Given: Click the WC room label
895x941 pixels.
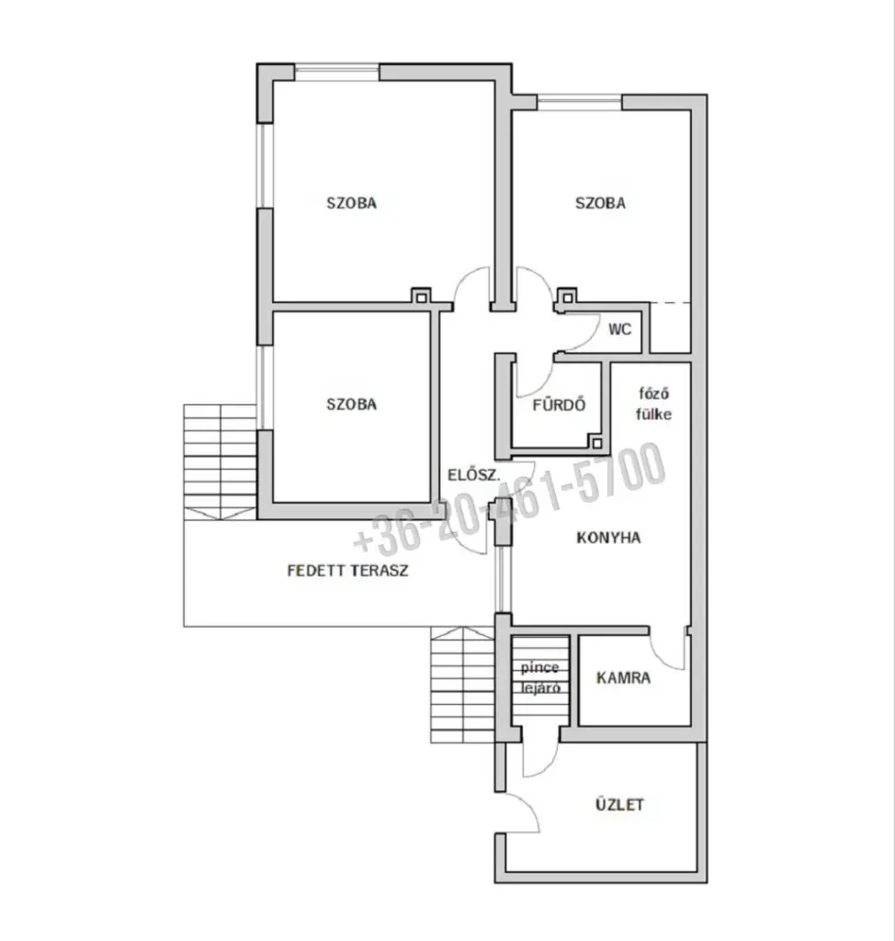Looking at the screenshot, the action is pos(619,329).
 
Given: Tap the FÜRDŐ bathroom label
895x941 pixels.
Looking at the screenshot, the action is pos(559,405).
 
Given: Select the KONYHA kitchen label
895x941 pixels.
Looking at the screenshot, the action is pos(608,537).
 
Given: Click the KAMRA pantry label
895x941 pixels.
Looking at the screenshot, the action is pos(623,677).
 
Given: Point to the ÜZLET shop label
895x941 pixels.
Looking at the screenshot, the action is pos(619,804).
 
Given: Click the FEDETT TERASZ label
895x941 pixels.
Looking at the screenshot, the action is pos(347,570).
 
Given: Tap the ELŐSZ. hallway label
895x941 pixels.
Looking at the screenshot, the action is pos(473,475).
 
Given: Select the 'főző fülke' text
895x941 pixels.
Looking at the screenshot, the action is pos(653,404).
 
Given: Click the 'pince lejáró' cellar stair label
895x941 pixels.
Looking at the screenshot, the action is pos(540,677).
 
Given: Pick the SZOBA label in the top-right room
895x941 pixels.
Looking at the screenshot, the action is pos(600,203).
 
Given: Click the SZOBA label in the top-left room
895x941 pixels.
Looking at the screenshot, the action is pos(352,203).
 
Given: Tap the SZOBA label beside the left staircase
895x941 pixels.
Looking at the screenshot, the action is pos(352,404).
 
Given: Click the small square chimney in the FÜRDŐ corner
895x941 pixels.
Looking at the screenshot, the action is pos(596,444).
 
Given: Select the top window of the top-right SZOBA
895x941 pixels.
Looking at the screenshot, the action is pos(579,102).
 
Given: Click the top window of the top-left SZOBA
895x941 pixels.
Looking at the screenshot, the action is pos(336,72).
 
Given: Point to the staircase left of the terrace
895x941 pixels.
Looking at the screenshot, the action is pos(221,462).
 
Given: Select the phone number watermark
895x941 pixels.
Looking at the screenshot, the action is pos(509,498).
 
